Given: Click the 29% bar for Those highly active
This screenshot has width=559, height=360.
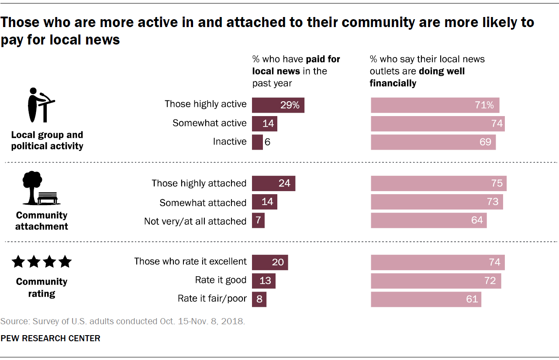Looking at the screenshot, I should pos(278,105).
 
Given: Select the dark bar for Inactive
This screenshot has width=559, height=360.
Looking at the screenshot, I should pos(257,142).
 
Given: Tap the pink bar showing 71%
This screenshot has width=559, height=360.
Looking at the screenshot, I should pos(435,105).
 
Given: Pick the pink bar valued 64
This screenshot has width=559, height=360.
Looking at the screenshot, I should pos(428,220).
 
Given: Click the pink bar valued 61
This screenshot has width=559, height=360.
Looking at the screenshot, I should pos(426,299).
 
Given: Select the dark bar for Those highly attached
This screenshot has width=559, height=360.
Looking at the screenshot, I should pos(273,183).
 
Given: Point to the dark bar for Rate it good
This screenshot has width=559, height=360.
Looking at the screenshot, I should pos(264,281).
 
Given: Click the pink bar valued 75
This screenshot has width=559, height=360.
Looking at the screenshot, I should pos(438,183).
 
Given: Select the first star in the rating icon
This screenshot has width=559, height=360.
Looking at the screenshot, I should pos(18,262).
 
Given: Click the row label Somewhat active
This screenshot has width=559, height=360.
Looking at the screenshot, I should pos(209,123).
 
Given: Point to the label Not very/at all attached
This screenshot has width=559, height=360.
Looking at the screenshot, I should pos(195,222).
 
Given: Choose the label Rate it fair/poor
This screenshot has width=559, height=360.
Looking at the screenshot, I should pos(212,299).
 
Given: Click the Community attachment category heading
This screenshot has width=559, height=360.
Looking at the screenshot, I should pos(41,221).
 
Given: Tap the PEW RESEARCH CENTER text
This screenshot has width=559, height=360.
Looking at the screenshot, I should pos(50,338).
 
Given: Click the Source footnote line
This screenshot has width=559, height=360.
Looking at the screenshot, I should pos(123,322).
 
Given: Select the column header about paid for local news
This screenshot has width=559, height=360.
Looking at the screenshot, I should pos(296,71).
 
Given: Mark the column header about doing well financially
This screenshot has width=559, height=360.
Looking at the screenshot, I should pos(427,71).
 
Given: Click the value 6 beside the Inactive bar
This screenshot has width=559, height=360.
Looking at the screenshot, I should pos(267,142).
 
